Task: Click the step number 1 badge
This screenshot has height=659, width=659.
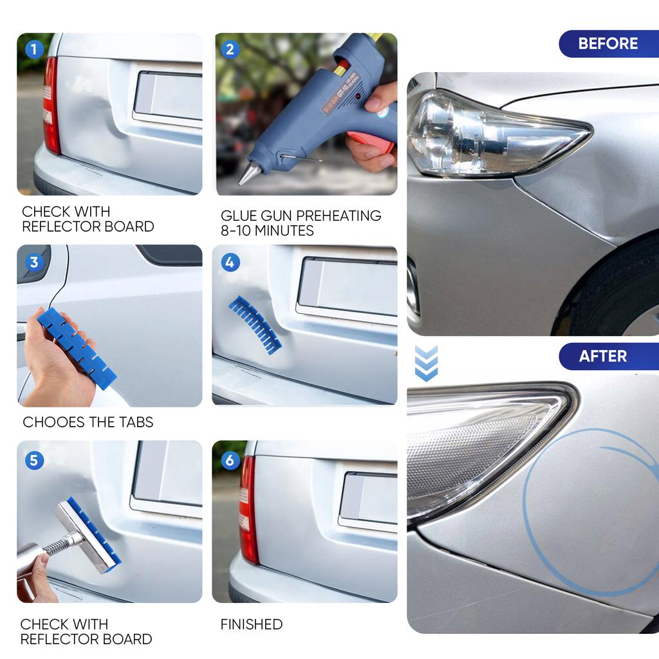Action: [33, 49]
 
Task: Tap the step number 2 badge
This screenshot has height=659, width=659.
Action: [230, 49]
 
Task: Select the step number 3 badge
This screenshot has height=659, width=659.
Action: [33, 262]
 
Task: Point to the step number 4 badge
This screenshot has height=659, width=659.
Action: [230, 262]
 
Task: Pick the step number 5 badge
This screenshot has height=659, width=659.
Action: [33, 460]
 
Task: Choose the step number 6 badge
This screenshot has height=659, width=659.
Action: [230, 460]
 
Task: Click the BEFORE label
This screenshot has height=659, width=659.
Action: [608, 44]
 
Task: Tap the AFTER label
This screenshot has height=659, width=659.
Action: [602, 356]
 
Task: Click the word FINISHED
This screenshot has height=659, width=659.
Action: [252, 624]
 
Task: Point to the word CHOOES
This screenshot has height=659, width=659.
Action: [52, 422]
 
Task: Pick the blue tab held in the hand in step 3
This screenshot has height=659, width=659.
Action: [77, 344]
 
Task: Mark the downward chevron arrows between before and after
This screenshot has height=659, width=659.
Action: [426, 363]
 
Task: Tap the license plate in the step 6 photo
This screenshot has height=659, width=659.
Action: [368, 499]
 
